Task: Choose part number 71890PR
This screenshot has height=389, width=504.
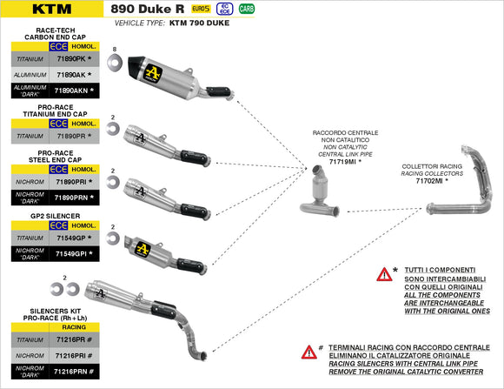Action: pyautogui.click(x=71, y=137)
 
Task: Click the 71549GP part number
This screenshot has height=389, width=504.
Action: pyautogui.click(x=70, y=238)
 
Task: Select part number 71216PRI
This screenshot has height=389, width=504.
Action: pyautogui.click(x=71, y=355)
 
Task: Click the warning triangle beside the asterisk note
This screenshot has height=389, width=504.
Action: pyautogui.click(x=383, y=274)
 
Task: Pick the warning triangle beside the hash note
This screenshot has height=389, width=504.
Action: pyautogui.click(x=308, y=352)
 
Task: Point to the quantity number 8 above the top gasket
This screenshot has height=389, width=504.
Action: pyautogui.click(x=114, y=50)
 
